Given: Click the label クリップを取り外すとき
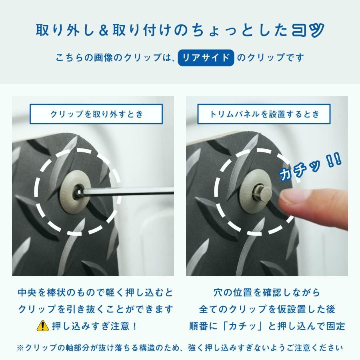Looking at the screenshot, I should pyautogui.click(x=96, y=114).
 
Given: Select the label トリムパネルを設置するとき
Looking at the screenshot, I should pyautogui.click(x=264, y=114).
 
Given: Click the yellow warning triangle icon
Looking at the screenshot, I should pyautogui.click(x=42, y=326).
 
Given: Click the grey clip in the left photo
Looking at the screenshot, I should pyautogui.click(x=72, y=191).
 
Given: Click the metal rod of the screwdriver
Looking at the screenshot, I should pyautogui.click(x=132, y=193).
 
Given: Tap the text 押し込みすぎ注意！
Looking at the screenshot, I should pyautogui.click(x=95, y=326).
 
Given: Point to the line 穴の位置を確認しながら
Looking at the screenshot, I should pyautogui.click(x=267, y=292).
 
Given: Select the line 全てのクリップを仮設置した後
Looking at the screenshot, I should pyautogui.click(x=267, y=309).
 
